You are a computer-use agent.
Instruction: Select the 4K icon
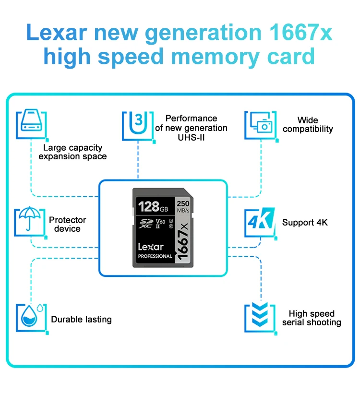point(260,222)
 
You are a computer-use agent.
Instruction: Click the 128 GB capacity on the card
point(153,207)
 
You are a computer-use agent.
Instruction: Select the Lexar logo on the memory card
point(151,247)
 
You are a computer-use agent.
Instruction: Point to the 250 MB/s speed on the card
point(183,206)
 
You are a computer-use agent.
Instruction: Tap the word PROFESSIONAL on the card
point(155,256)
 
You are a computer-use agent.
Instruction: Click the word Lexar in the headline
point(57,33)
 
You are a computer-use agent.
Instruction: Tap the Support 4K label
point(305,223)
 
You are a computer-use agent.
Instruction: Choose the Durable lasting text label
point(81,320)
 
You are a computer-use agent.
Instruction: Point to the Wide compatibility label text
point(308,125)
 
